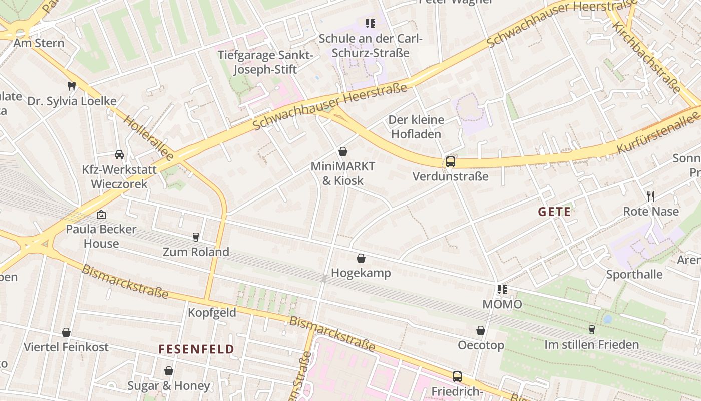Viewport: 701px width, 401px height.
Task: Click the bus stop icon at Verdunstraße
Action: [x=451, y=162]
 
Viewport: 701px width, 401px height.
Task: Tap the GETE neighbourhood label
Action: [x=554, y=212]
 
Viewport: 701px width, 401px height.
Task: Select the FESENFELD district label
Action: [x=196, y=349]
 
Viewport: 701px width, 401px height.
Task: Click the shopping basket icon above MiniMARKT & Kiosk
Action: [x=343, y=151]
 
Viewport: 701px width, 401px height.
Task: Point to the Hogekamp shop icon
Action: [x=361, y=258]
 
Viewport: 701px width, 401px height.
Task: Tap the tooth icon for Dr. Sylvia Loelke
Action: [x=72, y=86]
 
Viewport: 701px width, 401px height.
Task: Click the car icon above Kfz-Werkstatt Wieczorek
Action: [x=119, y=154]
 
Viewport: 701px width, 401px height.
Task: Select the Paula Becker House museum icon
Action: [x=101, y=215]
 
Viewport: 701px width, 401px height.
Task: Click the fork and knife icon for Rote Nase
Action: [x=651, y=196]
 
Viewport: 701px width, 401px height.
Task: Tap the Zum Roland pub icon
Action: [x=196, y=237]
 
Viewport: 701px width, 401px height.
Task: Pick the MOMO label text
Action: [x=502, y=304]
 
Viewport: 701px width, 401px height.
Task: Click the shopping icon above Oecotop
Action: [x=481, y=330]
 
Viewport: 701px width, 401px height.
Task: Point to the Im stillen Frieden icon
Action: [x=592, y=329]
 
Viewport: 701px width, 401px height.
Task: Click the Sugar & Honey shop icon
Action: [x=169, y=371]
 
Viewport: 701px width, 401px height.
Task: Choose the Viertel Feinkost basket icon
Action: [x=66, y=332]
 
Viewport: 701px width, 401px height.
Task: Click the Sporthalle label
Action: [x=634, y=274]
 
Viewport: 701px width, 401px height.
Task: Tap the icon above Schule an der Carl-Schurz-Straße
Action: [x=371, y=23]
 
